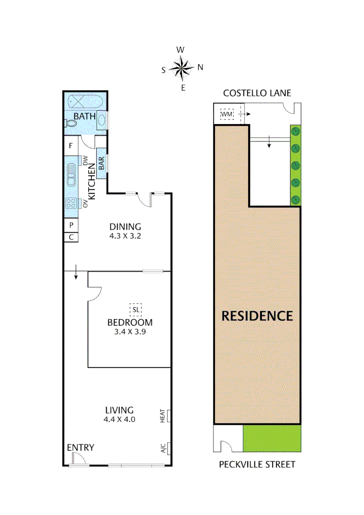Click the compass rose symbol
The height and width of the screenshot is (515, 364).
(182, 68)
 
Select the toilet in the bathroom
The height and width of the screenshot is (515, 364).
(71, 123)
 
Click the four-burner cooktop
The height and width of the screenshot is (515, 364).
(71, 203)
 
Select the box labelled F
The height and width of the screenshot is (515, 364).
(71, 146)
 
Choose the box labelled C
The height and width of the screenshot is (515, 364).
(71, 237)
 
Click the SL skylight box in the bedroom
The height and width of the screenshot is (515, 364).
(136, 309)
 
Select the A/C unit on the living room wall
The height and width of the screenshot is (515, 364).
(164, 448)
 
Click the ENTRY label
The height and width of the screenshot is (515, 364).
(80, 447)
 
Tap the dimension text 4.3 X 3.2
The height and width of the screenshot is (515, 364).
(126, 236)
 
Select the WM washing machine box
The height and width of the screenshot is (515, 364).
(227, 114)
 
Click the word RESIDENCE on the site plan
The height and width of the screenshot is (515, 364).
(257, 316)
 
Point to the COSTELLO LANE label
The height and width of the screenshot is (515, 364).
(257, 93)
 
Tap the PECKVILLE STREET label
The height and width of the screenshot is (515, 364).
(257, 464)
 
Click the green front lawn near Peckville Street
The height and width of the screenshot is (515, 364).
(272, 439)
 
